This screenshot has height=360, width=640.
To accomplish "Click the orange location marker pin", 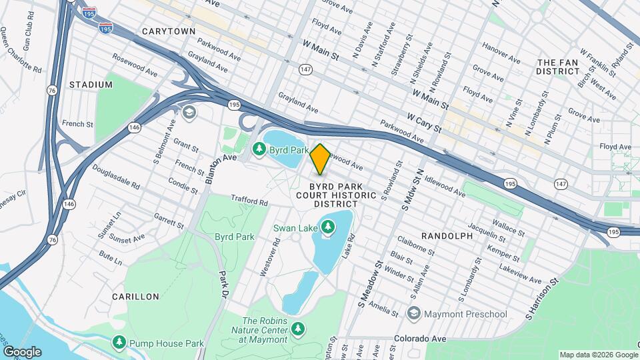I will click(x=320, y=159).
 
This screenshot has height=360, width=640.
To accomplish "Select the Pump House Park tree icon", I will click(x=119, y=343).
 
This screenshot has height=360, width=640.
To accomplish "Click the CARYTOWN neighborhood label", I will click(x=168, y=31).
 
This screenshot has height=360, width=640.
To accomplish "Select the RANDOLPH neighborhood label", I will click(x=447, y=236).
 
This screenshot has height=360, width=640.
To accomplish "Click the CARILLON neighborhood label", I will click(x=135, y=296).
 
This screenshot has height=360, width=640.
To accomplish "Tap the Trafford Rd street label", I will click(x=249, y=201).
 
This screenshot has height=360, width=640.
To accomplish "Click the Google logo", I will click(x=22, y=352).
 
